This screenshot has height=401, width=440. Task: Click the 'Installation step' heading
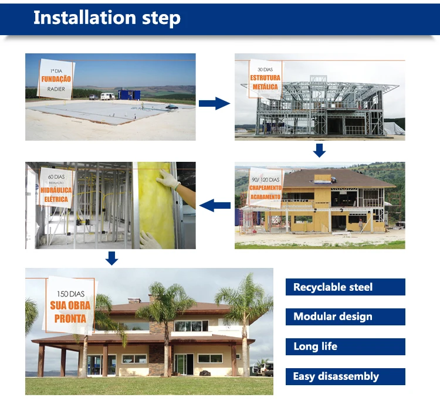[x=106, y=18]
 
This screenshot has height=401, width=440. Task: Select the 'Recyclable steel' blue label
[x=345, y=287]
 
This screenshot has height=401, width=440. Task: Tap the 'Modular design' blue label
[x=345, y=317]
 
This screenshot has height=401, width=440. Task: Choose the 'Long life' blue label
[x=345, y=346]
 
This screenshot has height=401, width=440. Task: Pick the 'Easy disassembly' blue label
[x=345, y=376]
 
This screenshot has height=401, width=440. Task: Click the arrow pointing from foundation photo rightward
[x=214, y=104]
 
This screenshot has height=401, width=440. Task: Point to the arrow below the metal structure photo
[x=319, y=151]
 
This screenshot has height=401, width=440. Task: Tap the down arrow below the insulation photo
[x=111, y=258]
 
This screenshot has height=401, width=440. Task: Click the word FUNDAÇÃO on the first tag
[x=56, y=79]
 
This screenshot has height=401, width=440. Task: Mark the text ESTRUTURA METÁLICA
[x=266, y=82]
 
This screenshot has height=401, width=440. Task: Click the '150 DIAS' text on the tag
[x=70, y=293]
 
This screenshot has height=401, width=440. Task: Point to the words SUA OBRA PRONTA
[x=70, y=312]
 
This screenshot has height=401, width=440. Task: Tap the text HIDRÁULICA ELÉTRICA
[x=56, y=195]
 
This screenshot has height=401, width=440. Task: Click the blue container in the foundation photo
[x=129, y=95]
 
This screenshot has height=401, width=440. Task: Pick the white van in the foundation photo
[x=107, y=96]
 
